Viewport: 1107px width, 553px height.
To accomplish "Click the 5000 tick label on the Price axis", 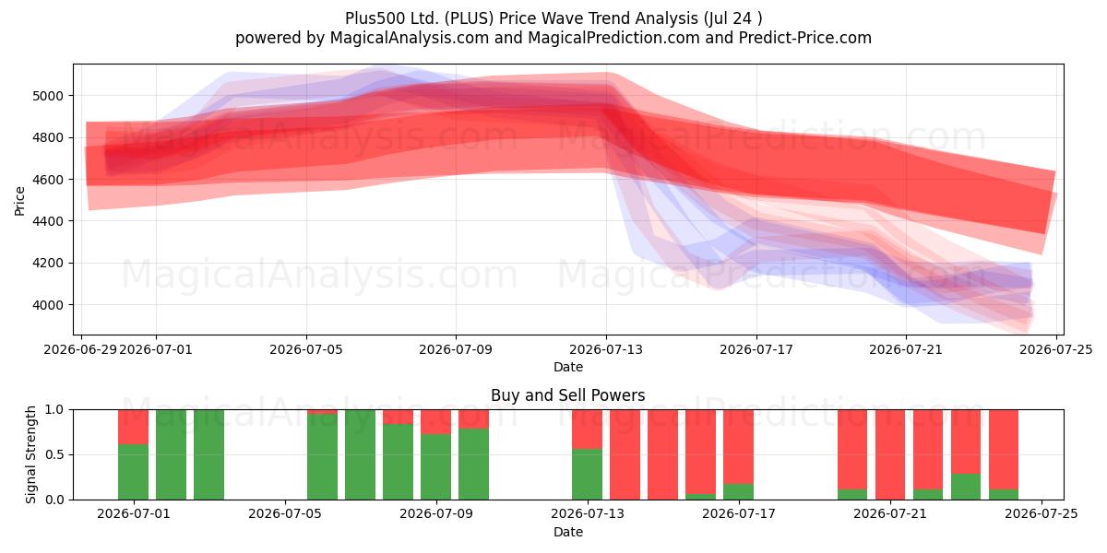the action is tap(48, 96).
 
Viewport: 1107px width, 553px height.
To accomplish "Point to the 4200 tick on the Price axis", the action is tap(48, 264).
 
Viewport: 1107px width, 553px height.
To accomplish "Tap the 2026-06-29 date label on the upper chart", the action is tap(80, 349).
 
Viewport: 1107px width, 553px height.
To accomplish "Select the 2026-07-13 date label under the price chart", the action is tap(606, 349).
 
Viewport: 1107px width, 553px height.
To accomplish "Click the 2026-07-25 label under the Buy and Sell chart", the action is tap(1042, 514).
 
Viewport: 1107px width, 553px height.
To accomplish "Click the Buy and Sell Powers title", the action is tap(568, 395).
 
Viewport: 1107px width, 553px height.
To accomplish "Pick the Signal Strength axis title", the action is tap(30, 454).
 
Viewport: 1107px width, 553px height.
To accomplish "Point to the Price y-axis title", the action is tap(19, 201).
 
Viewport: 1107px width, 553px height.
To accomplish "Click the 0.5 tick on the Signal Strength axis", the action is tap(54, 454).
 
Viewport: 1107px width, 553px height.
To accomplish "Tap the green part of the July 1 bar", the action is tap(134, 472).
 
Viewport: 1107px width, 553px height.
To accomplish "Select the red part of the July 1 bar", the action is tap(134, 427).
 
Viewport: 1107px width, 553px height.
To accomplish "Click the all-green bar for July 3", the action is tap(209, 454).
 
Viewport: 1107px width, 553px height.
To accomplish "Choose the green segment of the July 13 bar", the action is tap(587, 474).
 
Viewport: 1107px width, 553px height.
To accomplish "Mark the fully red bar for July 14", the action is tap(625, 454).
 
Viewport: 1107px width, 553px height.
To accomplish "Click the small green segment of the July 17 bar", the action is tap(738, 492).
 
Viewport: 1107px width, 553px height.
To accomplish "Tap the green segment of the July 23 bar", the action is tap(966, 487).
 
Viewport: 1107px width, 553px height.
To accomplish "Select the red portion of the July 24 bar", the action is tap(1004, 450).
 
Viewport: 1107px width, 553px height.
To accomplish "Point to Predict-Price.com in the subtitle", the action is tap(805, 38).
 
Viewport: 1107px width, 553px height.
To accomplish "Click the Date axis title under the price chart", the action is tap(568, 367).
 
